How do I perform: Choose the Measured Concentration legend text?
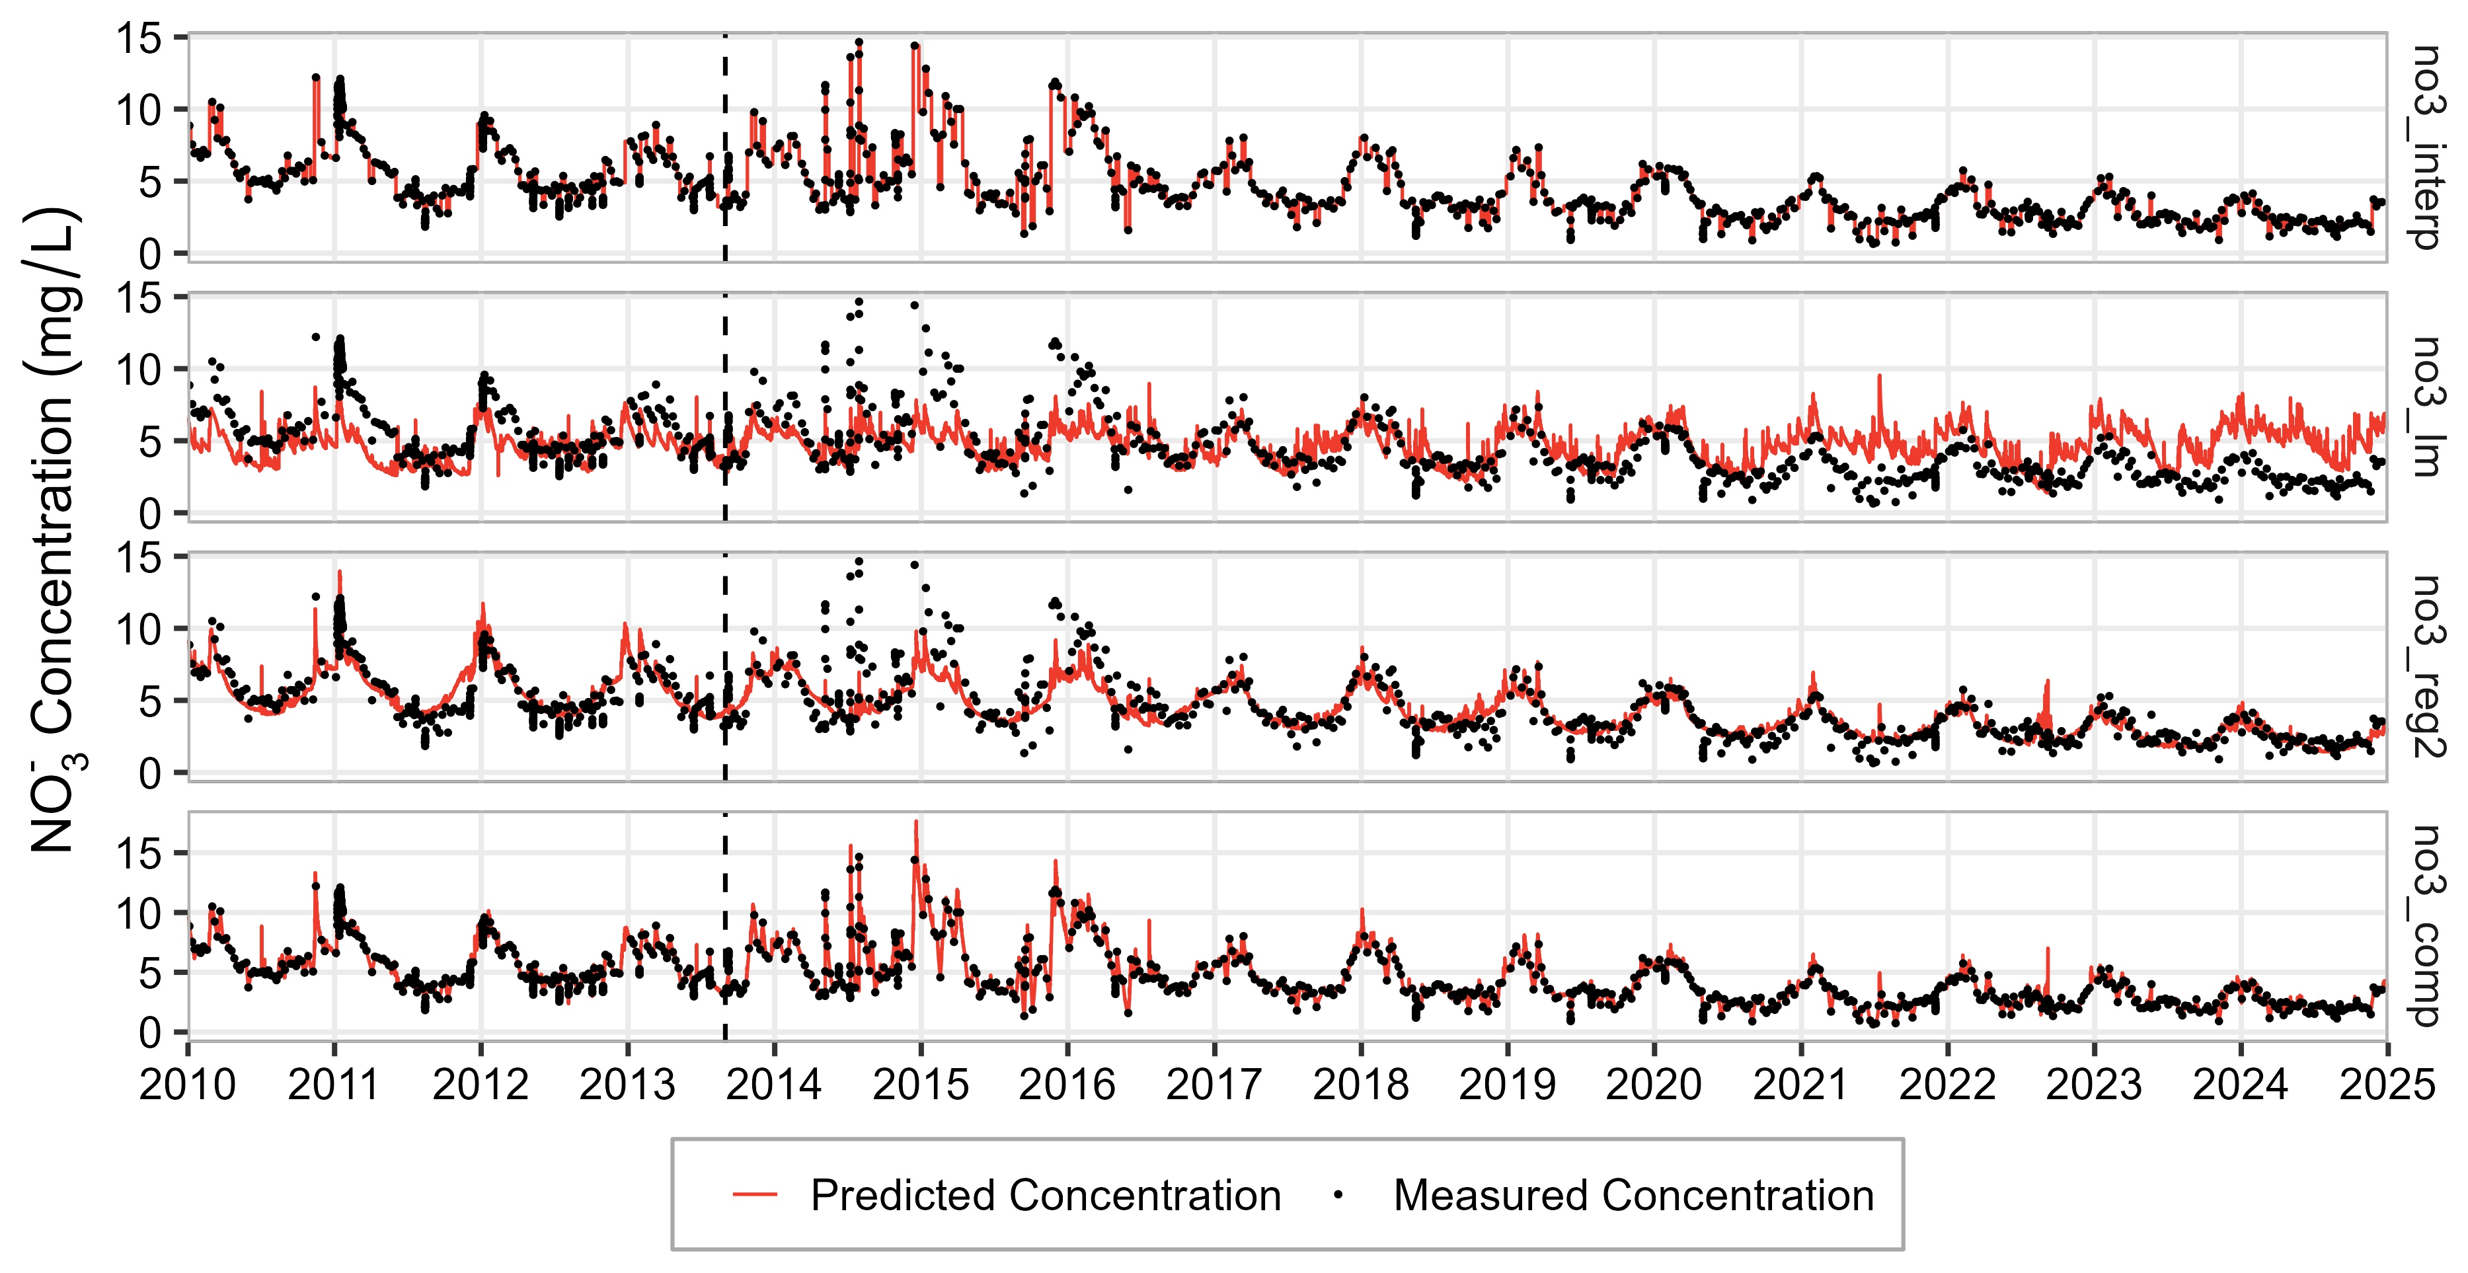1633,1196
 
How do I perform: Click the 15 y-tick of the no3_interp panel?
139,39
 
